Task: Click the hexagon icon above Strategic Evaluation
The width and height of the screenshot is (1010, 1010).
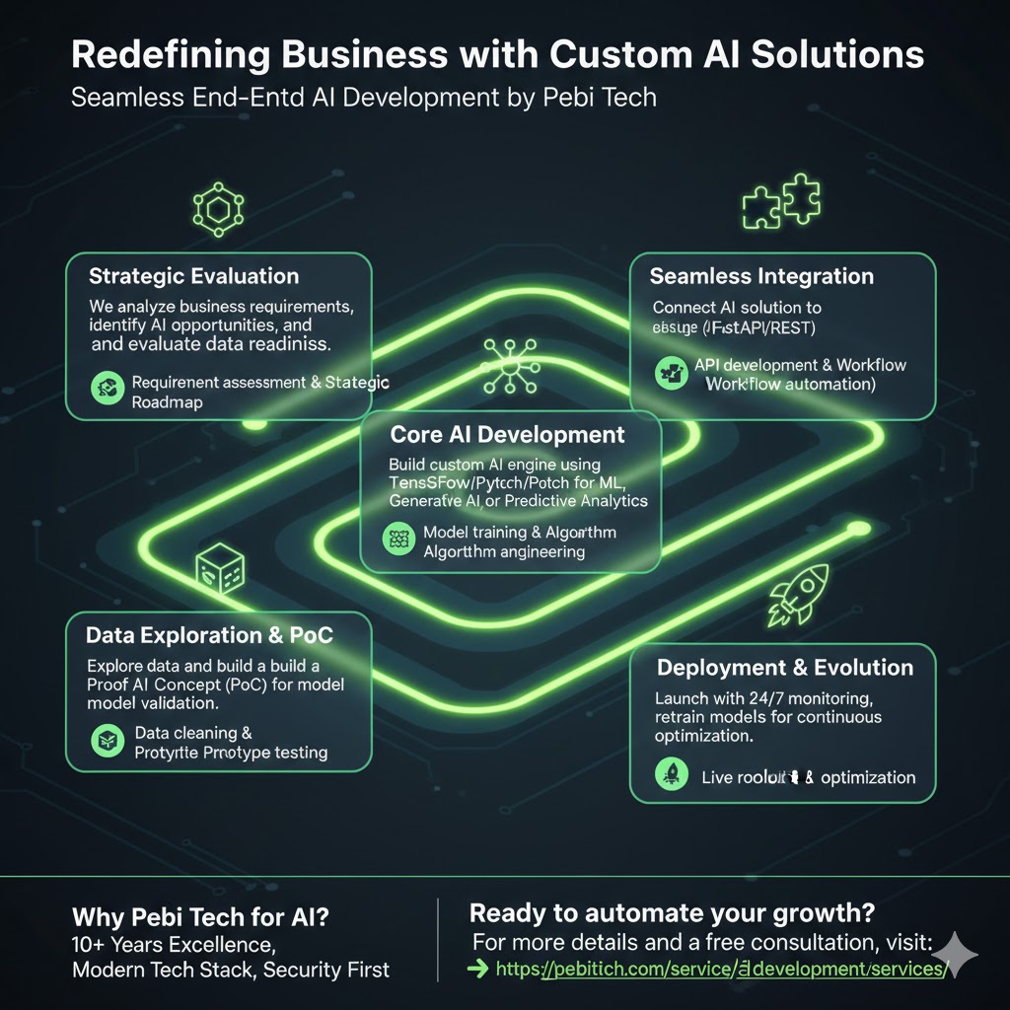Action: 218,208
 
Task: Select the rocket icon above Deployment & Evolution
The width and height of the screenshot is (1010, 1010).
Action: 797,594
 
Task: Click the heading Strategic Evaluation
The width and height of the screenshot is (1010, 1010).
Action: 193,276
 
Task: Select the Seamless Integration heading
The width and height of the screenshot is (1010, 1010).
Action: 761,277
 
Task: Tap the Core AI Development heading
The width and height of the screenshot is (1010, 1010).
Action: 507,435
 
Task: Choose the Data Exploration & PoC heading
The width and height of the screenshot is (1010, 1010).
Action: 209,635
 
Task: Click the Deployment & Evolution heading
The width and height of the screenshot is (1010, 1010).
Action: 785,668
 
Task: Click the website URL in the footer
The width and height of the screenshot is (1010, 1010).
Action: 720,969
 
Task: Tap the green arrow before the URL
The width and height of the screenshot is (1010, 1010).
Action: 477,969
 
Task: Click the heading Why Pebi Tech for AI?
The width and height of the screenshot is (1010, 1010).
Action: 200,916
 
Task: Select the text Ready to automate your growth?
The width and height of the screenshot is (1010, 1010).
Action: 673,913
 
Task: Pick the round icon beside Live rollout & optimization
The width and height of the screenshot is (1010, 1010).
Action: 671,776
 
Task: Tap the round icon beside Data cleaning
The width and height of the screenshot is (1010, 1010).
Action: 105,742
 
